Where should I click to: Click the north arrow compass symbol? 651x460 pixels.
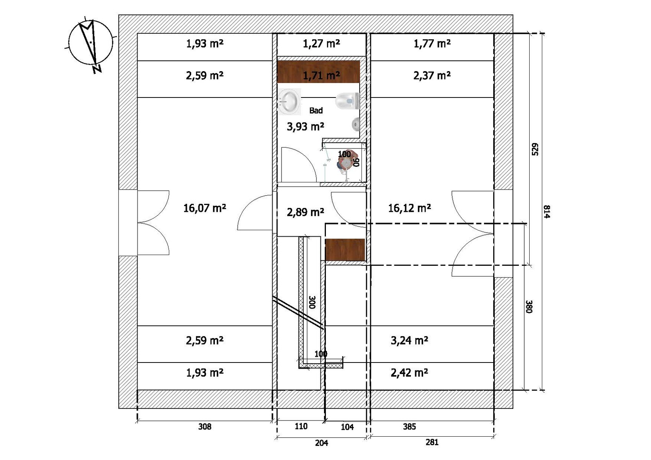(x=90, y=44)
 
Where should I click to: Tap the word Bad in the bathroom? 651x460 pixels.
(x=316, y=110)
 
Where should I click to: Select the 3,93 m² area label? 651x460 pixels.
(x=305, y=127)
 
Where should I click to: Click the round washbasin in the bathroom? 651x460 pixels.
(x=288, y=102)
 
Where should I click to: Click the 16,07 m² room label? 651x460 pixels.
(x=204, y=208)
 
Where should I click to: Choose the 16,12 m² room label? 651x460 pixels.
(x=409, y=208)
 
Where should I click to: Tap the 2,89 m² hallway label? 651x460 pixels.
(x=305, y=212)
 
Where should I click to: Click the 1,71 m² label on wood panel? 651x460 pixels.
(x=321, y=76)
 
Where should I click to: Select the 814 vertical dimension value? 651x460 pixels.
(x=547, y=211)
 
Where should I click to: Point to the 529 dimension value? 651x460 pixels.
(x=535, y=149)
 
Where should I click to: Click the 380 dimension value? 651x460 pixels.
(x=529, y=306)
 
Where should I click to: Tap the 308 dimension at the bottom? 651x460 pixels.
(x=204, y=427)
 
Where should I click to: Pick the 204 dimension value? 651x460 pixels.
(x=321, y=443)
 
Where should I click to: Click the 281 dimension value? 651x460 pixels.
(x=432, y=442)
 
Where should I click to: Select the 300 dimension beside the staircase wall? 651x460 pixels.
(x=312, y=302)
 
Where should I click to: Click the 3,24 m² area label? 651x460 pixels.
(x=409, y=340)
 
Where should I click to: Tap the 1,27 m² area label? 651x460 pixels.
(x=321, y=44)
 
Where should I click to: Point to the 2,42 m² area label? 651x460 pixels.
(x=409, y=373)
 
